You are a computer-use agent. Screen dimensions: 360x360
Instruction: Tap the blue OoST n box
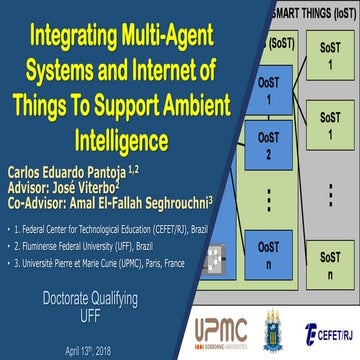pyautogui.click(x=264, y=254)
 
